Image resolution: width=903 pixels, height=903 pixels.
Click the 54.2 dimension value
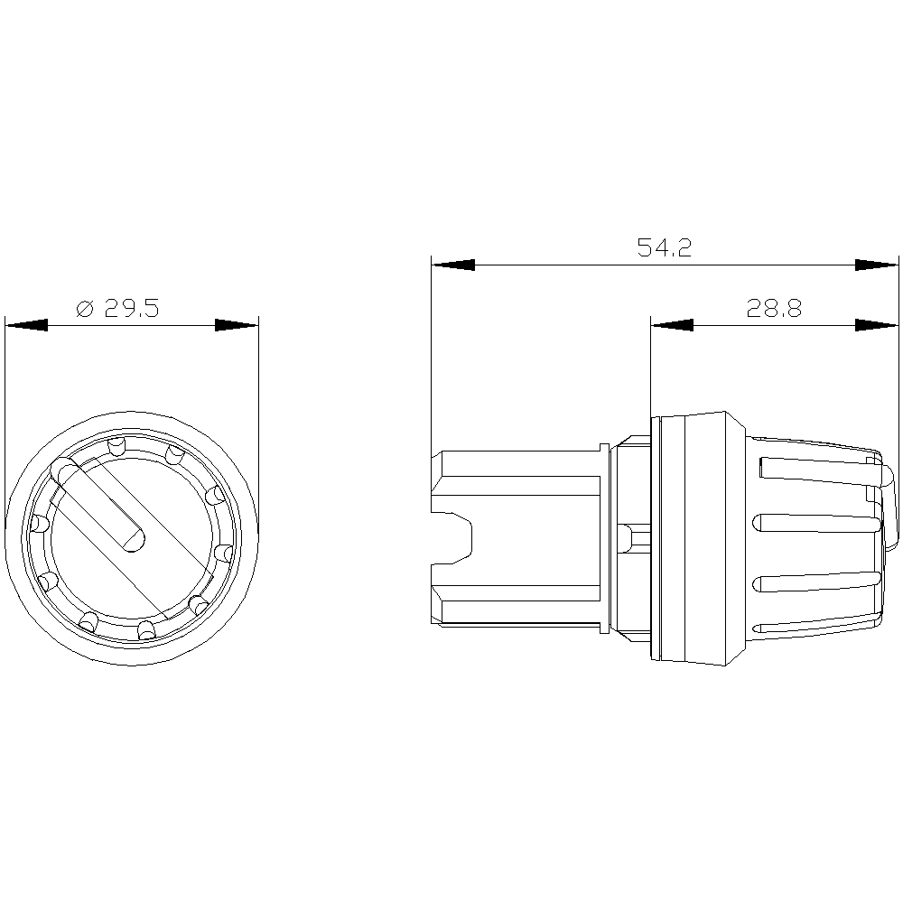(664, 247)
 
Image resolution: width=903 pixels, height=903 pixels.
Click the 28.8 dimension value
(774, 309)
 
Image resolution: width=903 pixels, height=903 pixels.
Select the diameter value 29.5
(131, 309)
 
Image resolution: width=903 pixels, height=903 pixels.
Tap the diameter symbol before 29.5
(84, 309)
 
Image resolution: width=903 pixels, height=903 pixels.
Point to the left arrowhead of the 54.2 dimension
(453, 265)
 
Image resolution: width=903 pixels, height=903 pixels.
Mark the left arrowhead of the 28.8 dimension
(672, 325)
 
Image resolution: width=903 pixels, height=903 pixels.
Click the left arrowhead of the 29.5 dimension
(26, 325)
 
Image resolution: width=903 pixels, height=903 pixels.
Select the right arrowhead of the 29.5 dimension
(237, 325)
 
